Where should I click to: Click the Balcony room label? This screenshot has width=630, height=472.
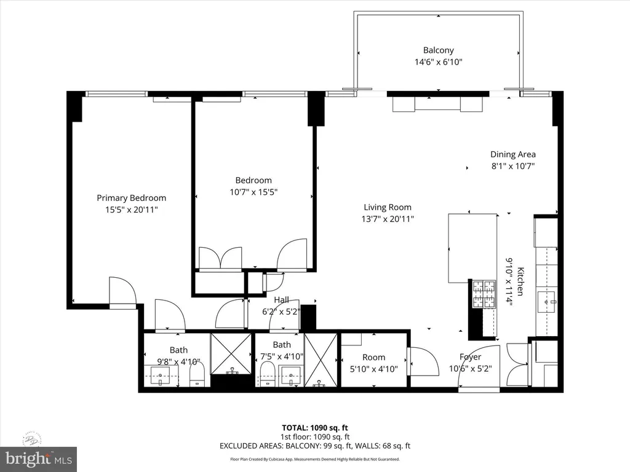tap(439, 50)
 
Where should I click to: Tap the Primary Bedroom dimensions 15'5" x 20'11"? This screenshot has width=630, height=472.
tap(131, 210)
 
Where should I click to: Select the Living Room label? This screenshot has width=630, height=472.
tap(387, 207)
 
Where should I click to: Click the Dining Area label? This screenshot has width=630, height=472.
tap(512, 154)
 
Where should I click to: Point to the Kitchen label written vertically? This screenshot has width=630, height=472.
tap(520, 281)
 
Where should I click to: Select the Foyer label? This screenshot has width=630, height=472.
tap(470, 356)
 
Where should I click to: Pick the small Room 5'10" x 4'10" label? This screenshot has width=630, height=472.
tap(373, 357)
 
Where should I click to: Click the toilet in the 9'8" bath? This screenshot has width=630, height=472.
tap(197, 375)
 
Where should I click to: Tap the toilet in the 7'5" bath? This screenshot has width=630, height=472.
tap(267, 374)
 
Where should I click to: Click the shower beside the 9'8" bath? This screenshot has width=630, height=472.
tap(231, 353)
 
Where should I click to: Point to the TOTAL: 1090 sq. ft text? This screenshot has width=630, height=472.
tap(314, 428)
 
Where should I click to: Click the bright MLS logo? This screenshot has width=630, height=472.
tap(38, 457)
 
